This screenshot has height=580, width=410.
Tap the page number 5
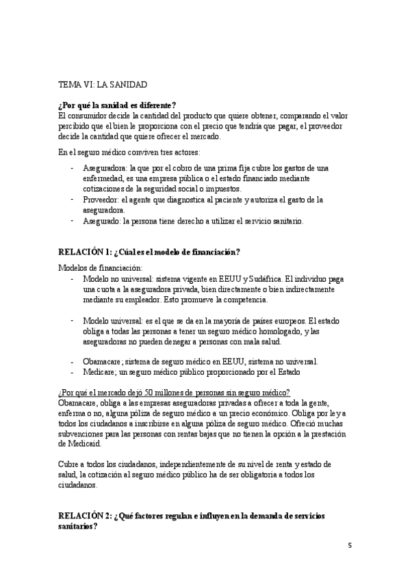[x=349, y=545]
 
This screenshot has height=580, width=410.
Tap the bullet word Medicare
[x=100, y=371]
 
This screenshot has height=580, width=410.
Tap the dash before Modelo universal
[x=73, y=321]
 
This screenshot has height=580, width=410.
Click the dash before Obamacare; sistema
[x=73, y=361]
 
